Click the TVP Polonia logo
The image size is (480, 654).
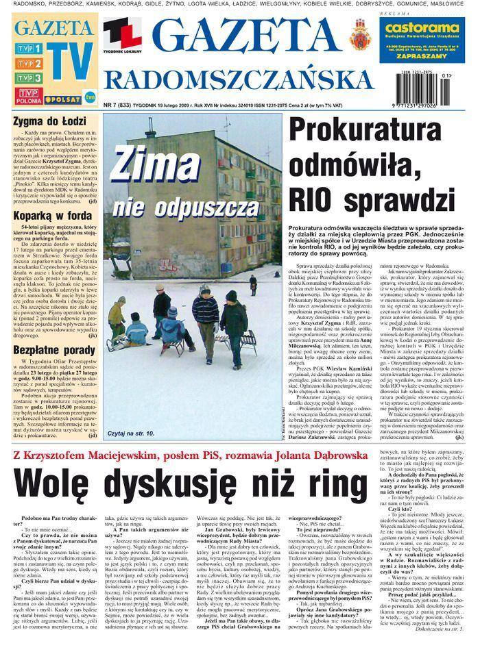(27, 96)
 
